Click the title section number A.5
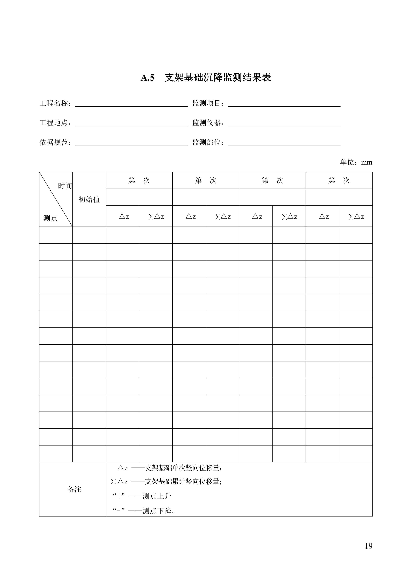click(x=148, y=78)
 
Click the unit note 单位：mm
click(x=356, y=162)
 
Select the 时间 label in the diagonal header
click(x=65, y=186)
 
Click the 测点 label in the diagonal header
click(x=50, y=218)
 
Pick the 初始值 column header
click(x=89, y=199)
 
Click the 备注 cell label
click(x=74, y=490)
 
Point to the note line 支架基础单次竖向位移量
click(x=183, y=468)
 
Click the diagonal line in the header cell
click(x=56, y=199)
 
